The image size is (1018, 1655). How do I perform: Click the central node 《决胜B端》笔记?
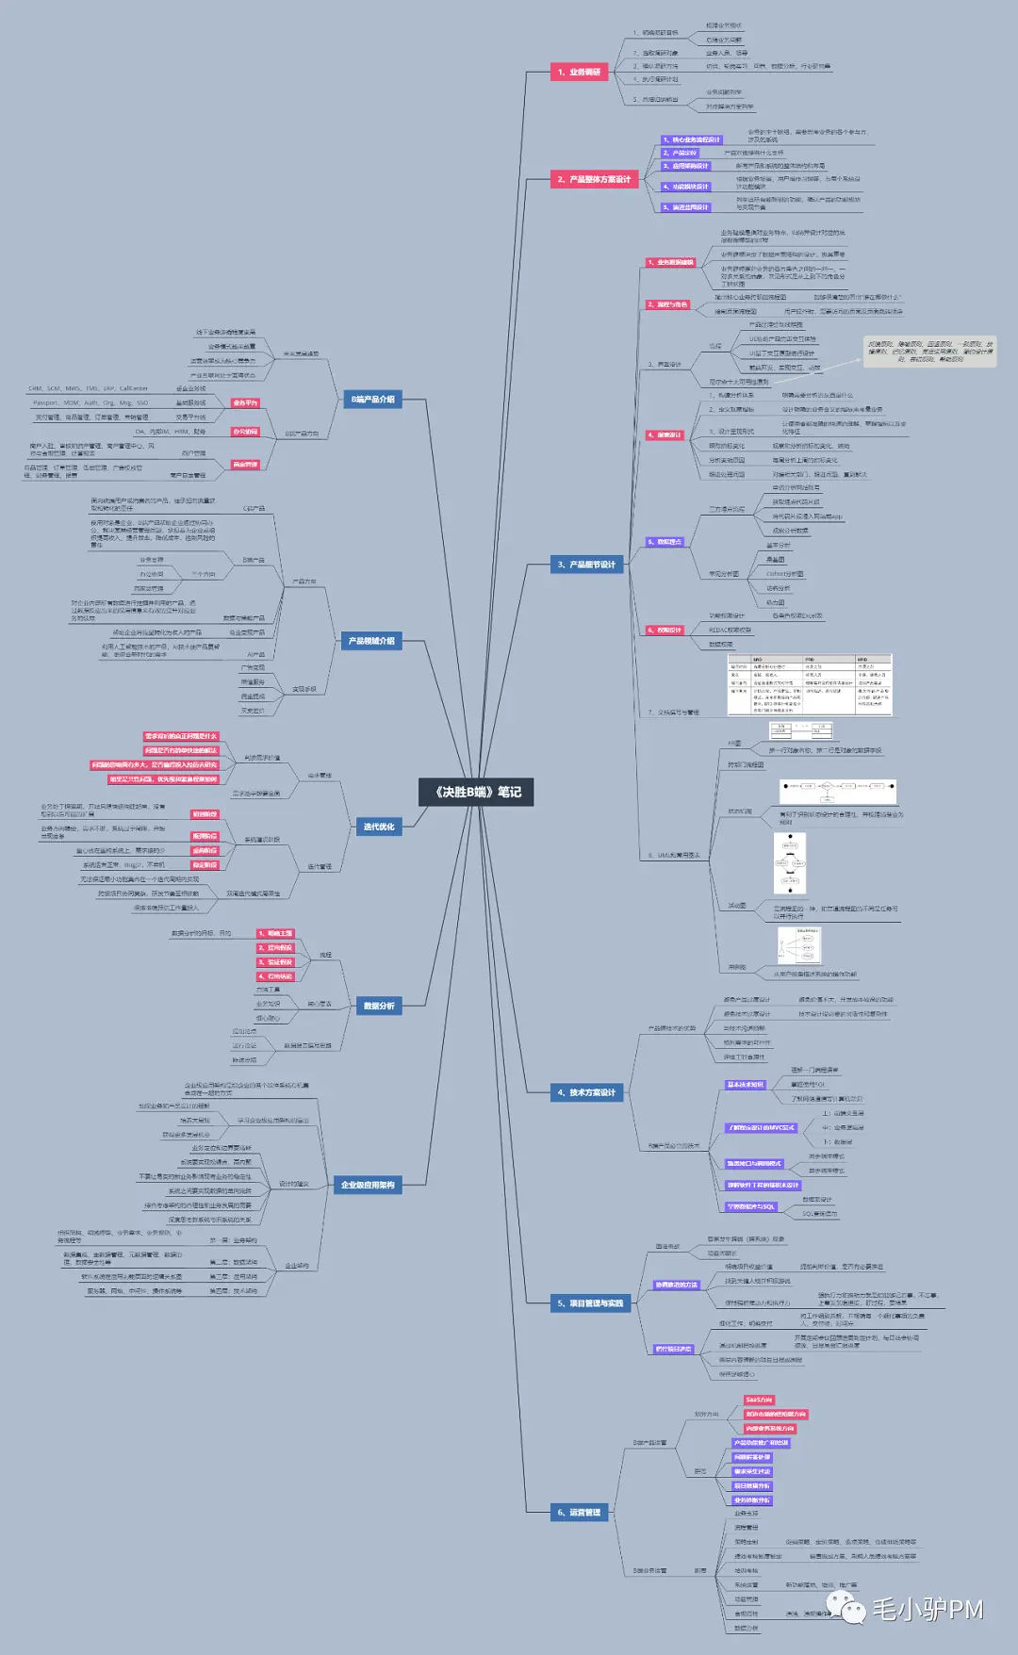(476, 792)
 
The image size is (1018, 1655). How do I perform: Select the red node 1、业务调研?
(579, 72)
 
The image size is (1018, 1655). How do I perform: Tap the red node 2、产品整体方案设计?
(594, 179)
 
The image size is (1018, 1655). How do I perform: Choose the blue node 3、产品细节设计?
(586, 565)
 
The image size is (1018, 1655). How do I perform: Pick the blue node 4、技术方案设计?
(586, 1092)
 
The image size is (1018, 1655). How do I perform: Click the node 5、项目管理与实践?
(590, 1303)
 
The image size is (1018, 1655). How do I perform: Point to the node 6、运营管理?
(579, 1513)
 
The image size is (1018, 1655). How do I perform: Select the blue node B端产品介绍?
(373, 400)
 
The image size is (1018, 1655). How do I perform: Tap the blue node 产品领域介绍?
(371, 641)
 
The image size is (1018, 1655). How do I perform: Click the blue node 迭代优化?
(379, 827)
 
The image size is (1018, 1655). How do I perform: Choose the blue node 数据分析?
(379, 1006)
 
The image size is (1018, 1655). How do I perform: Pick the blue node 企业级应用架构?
(368, 1185)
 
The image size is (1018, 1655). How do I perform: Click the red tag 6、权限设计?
(665, 630)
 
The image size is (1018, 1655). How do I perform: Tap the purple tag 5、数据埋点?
(665, 542)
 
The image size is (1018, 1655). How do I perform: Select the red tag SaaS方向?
(759, 1400)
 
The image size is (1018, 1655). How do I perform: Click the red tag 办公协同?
(245, 432)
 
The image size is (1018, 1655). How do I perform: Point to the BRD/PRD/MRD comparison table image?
(809, 685)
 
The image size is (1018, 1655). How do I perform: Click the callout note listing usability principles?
(929, 352)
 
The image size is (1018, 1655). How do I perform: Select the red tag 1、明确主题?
(275, 933)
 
